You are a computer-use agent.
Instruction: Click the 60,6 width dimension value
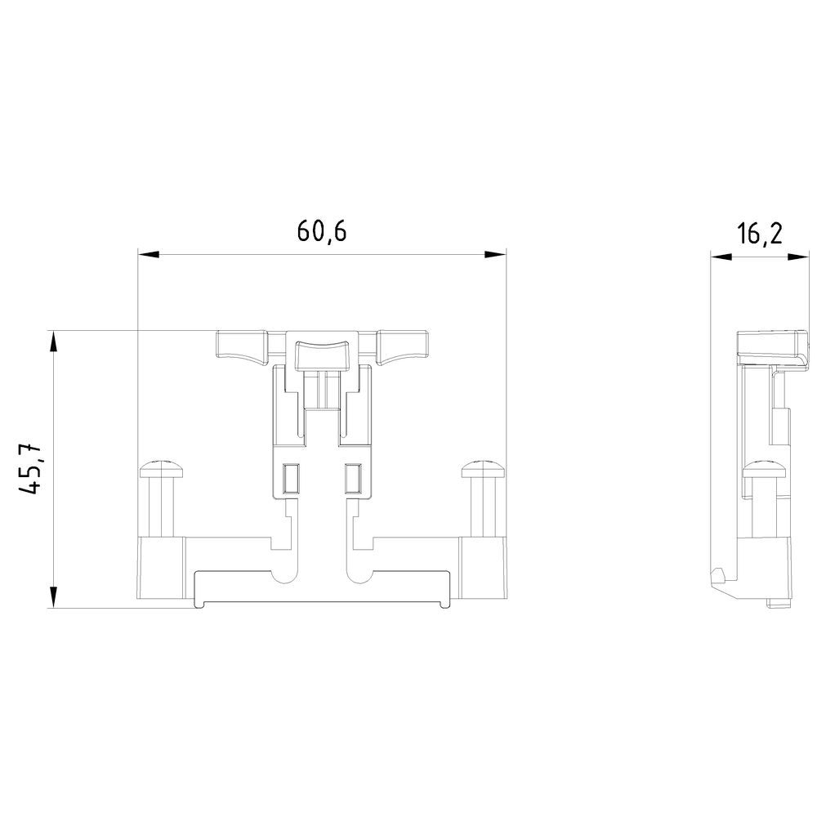click(x=321, y=231)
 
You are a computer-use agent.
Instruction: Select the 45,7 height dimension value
click(x=29, y=469)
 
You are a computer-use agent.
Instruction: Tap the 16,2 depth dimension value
click(x=760, y=234)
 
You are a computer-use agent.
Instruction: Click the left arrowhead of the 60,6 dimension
click(x=149, y=255)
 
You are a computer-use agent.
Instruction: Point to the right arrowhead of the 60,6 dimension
click(x=495, y=255)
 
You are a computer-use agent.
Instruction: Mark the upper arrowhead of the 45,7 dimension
click(x=52, y=342)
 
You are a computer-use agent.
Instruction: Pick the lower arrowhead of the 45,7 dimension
click(x=52, y=596)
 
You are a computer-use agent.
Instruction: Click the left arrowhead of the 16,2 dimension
click(x=721, y=257)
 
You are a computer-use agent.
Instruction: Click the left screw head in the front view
click(x=162, y=469)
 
